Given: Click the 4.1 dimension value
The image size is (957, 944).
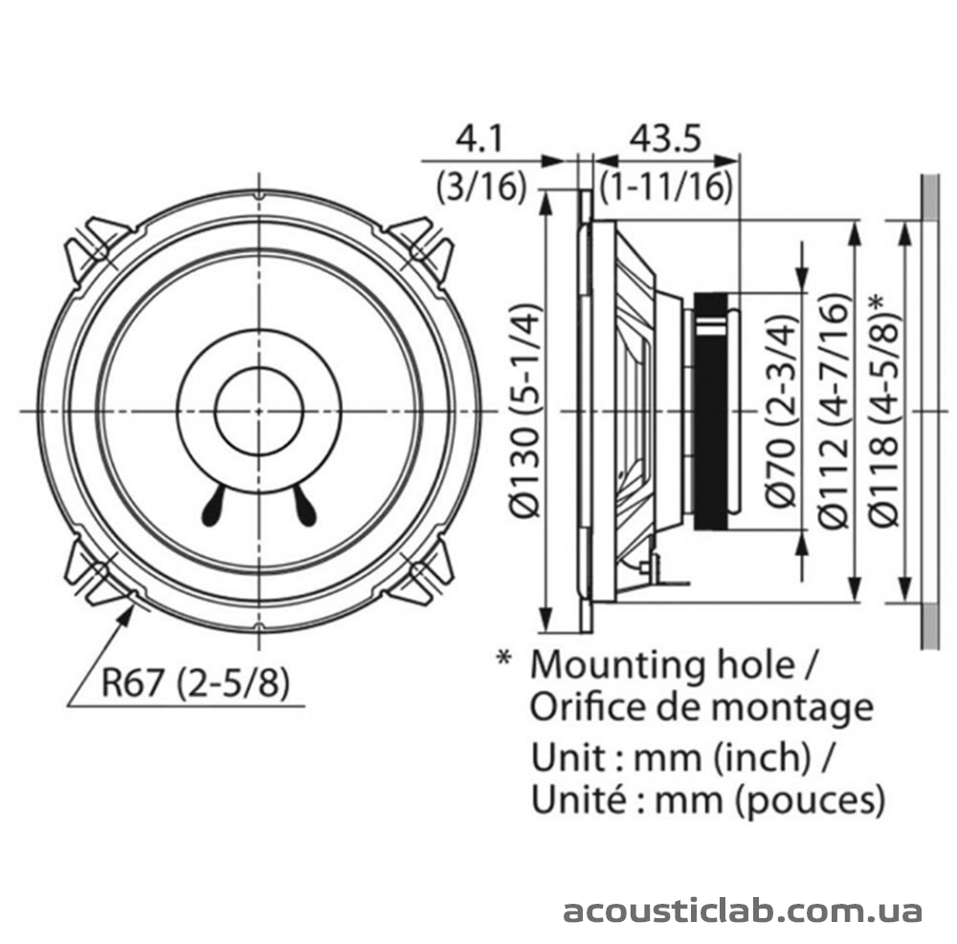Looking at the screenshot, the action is tap(479, 139).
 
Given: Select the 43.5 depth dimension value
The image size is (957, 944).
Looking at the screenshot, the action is tap(666, 139).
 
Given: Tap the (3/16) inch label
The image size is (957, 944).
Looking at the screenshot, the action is tap(481, 187).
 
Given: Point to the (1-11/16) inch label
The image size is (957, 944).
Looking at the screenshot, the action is tap(666, 187).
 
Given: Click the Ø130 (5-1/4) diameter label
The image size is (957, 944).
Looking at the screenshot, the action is tap(524, 410).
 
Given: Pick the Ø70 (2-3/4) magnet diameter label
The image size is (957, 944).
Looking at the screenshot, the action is tap(782, 411).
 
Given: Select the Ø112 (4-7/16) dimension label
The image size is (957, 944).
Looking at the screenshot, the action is tap(834, 411).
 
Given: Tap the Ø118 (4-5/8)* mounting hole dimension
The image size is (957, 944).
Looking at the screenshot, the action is tap(884, 410).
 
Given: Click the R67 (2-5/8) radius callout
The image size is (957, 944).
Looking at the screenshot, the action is tap(195, 682).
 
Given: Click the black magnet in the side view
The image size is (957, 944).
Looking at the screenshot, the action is tap(712, 411).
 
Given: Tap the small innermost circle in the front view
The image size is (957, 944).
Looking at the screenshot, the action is tap(259, 411).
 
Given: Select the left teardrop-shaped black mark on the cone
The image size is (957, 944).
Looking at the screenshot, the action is tap(213, 506).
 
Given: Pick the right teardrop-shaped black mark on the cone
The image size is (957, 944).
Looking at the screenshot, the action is tap(304, 506).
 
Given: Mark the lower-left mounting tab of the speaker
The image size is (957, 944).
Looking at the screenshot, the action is tap(97, 573).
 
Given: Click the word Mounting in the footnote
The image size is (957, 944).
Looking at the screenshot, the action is tap(620, 666).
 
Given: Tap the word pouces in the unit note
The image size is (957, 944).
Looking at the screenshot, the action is tap(811, 800).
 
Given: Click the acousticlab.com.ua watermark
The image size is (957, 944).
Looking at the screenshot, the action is tap(743, 910).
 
